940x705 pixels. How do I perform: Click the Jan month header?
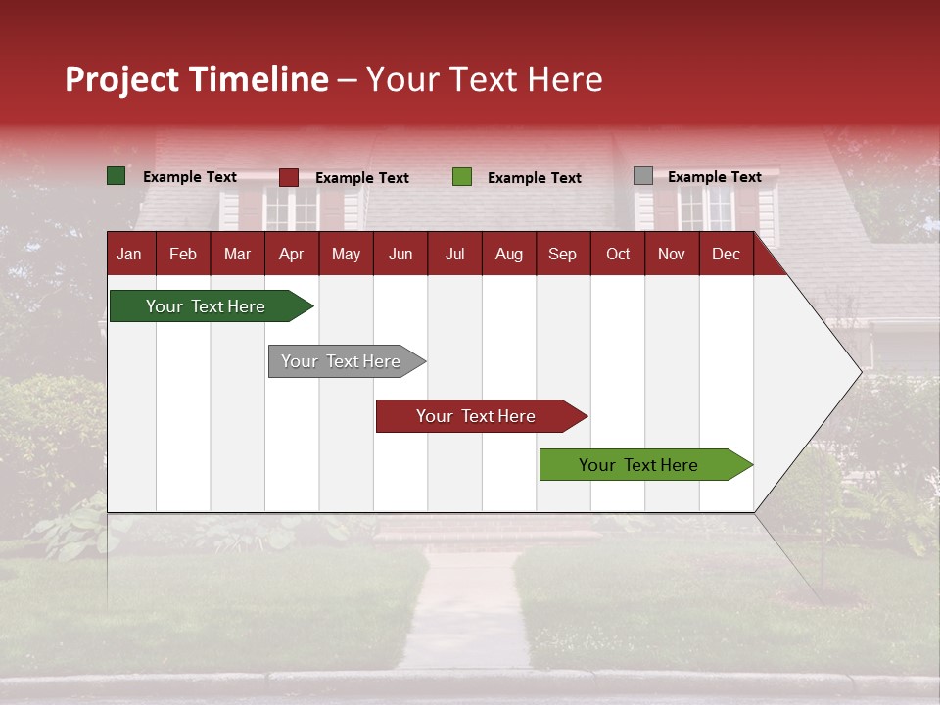tap(129, 254)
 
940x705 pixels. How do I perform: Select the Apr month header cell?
tap(291, 254)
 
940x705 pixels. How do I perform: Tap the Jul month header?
tap(454, 254)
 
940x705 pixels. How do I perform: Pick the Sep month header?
tap(562, 254)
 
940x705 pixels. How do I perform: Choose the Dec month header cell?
tap(726, 254)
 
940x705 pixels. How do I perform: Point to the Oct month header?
tap(618, 254)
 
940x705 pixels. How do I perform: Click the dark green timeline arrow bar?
tap(206, 306)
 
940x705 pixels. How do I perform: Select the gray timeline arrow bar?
tap(341, 361)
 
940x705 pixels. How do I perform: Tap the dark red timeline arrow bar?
tap(476, 416)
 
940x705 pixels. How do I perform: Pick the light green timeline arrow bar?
tap(638, 465)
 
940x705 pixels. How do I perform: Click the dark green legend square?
tap(117, 176)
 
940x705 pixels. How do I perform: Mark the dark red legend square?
tap(289, 177)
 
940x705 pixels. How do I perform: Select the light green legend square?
tap(462, 177)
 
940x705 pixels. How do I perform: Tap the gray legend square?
tap(643, 176)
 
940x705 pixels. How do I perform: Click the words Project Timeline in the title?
tap(197, 79)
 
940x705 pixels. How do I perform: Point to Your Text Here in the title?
tap(484, 79)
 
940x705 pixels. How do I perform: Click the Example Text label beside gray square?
tap(714, 177)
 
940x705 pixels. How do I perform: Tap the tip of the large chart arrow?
tap(859, 371)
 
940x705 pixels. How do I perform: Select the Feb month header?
tap(183, 254)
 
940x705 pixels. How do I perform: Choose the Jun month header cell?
tap(400, 254)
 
